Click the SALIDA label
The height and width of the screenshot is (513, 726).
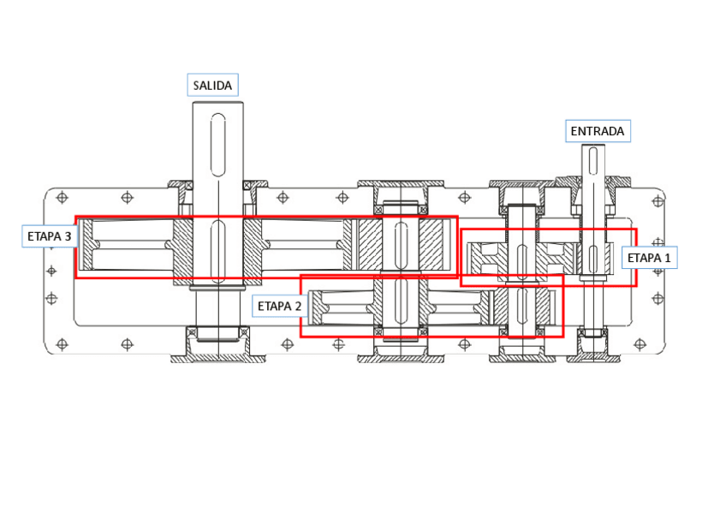coord(212,85)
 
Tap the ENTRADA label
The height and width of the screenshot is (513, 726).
coord(598,131)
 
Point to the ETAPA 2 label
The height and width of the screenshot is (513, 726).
coord(280,304)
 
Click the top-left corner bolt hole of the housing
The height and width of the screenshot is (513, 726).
coord(60,199)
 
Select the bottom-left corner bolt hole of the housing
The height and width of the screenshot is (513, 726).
coord(60,344)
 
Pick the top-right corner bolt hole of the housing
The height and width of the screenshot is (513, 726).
coord(657,199)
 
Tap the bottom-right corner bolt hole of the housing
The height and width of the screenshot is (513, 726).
coord(657,344)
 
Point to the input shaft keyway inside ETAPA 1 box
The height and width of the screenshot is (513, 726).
coord(593,256)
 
